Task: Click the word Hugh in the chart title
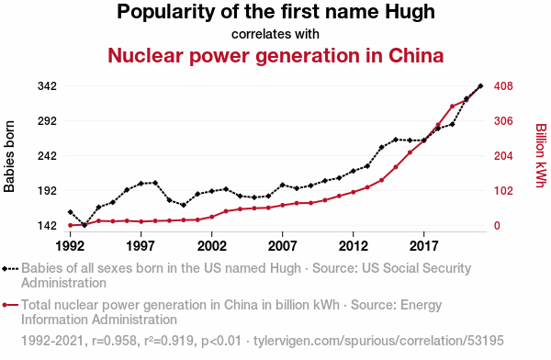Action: (410, 13)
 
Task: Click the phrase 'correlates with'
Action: (275, 34)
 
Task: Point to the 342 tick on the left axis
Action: (47, 86)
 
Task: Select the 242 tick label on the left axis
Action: (47, 156)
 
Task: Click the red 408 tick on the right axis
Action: (503, 86)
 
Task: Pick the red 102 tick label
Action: (503, 190)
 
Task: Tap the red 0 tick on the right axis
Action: (497, 225)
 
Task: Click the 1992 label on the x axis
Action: (71, 246)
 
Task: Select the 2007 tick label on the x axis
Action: (282, 246)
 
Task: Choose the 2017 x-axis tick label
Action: (423, 246)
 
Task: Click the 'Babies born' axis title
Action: (9, 156)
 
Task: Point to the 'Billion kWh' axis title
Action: (542, 155)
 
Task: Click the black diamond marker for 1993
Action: (84, 225)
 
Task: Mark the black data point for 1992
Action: (71, 212)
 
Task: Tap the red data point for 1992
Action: (71, 225)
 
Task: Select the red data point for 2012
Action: (354, 192)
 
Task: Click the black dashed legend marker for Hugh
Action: (10, 269)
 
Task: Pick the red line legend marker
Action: (10, 305)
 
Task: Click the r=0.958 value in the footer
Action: (114, 341)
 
